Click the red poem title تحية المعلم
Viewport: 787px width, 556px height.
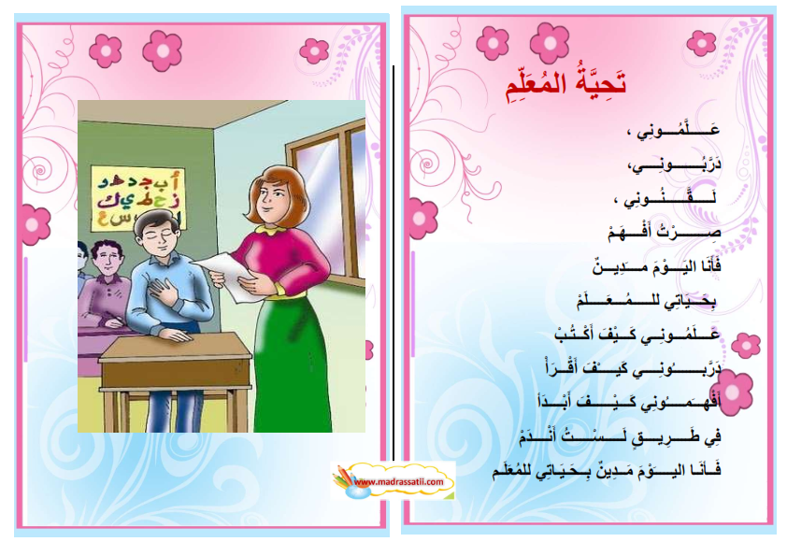tap(565, 85)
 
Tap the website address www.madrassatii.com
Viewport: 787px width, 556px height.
tap(398, 482)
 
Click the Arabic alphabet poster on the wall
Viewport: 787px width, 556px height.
tap(137, 198)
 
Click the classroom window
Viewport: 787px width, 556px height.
tap(326, 201)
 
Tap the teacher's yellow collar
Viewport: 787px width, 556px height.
tap(273, 230)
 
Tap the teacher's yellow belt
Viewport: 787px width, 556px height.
tap(285, 293)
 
